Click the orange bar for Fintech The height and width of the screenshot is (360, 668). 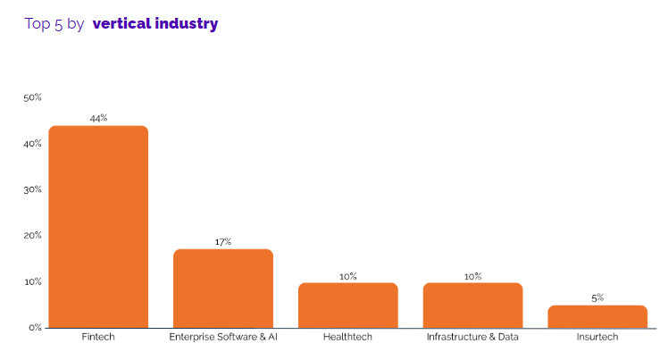(x=98, y=227)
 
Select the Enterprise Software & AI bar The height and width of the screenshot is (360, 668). (x=223, y=289)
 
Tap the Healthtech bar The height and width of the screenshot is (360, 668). (x=347, y=306)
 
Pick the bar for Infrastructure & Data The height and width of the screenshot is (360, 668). (x=472, y=306)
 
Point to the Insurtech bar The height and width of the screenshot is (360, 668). (x=597, y=317)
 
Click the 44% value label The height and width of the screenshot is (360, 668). (x=98, y=118)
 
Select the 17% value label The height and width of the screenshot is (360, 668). (x=223, y=242)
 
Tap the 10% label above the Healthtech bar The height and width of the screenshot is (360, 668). (x=347, y=276)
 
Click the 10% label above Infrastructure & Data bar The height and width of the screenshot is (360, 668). (x=472, y=276)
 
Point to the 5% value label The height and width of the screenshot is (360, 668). (x=597, y=297)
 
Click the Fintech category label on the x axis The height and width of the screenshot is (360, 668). (x=98, y=338)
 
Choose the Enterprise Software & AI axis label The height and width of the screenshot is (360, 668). (x=223, y=338)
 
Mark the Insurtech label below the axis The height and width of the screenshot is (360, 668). (x=597, y=338)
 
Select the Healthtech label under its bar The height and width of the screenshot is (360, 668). (x=347, y=338)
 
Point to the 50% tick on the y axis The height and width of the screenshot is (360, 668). (x=33, y=97)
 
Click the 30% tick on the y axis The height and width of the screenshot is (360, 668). (x=33, y=189)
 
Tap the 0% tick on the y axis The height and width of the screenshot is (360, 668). (x=35, y=328)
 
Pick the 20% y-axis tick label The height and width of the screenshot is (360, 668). (x=33, y=236)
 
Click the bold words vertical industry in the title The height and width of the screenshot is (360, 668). (x=154, y=23)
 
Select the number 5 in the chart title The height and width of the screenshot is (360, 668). (x=58, y=24)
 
